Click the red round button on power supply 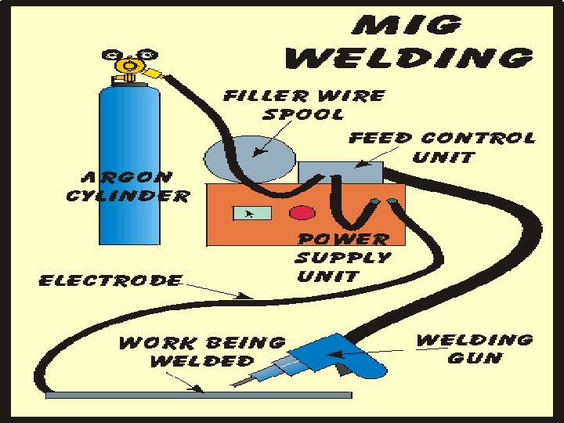(x=300, y=213)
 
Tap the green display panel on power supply (x=252, y=213)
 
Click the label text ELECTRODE (x=110, y=280)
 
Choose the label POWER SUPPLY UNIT (x=342, y=257)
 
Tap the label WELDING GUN (x=475, y=349)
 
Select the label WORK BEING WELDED (x=202, y=351)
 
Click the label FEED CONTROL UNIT (x=442, y=146)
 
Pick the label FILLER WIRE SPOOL (x=304, y=104)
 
